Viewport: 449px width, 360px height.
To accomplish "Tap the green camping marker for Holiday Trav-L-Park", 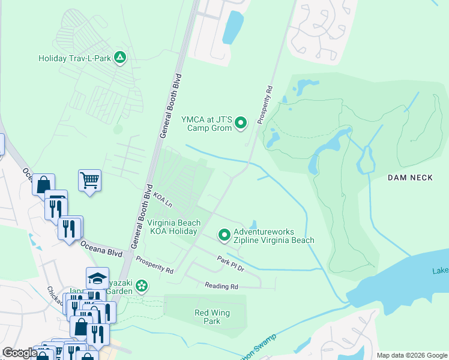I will (x=120, y=58).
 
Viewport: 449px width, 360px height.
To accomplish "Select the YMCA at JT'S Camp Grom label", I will (x=206, y=124).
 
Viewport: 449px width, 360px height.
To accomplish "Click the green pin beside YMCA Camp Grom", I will (x=241, y=123).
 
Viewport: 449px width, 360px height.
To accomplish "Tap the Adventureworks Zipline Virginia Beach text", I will (x=274, y=236).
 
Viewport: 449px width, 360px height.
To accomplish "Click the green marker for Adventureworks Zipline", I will (x=224, y=235).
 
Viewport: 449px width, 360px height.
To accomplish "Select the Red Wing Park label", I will (x=212, y=317).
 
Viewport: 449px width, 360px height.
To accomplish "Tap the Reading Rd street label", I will (x=221, y=286).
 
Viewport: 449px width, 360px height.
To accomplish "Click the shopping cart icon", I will (x=89, y=179).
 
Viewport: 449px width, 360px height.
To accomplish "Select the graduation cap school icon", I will (x=97, y=278).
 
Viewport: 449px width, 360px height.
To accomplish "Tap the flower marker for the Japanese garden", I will (x=142, y=286).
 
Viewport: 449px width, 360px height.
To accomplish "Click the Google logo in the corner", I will (x=20, y=353).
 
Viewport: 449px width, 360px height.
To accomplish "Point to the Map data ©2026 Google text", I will (x=411, y=355).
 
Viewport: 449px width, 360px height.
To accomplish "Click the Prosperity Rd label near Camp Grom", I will (x=265, y=105).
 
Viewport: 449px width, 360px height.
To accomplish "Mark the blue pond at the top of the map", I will (x=233, y=27).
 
